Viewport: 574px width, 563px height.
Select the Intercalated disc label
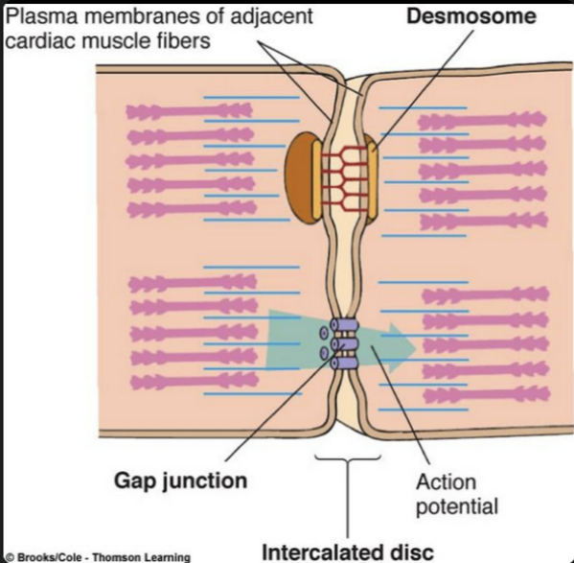[348, 550]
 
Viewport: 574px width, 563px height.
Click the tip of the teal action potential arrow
[415, 342]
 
